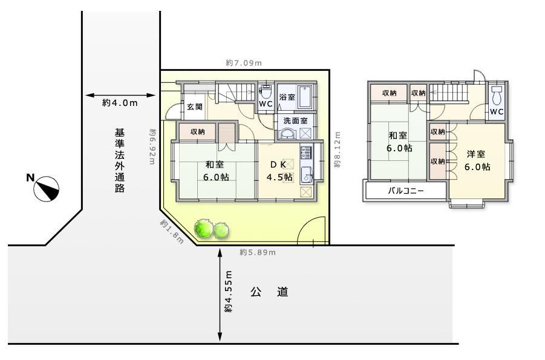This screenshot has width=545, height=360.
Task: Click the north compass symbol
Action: tap(46, 189)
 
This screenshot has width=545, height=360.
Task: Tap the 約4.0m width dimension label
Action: tap(120, 103)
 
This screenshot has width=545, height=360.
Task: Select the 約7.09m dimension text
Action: tap(244, 63)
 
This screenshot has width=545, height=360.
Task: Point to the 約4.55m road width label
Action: tap(228, 292)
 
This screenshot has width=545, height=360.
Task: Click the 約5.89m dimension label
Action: tap(258, 252)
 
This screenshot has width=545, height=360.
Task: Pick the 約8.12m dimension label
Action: tap(337, 149)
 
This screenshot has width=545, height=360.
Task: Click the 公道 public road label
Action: tap(269, 292)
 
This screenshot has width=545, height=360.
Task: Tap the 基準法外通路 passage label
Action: tap(120, 160)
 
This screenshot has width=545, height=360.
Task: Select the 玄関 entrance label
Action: tap(195, 106)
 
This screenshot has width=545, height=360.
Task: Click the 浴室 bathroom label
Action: tap(287, 97)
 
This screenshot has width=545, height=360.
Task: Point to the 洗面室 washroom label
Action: tap(295, 120)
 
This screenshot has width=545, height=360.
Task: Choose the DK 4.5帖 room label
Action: tap(279, 171)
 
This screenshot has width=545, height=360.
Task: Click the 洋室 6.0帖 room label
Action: tap(477, 160)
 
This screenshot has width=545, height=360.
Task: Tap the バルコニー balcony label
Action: tap(406, 191)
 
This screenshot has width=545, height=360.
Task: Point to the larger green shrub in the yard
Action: tap(203, 228)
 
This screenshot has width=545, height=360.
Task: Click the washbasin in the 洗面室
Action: tap(287, 134)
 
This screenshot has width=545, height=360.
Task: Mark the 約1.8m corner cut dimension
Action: tap(172, 232)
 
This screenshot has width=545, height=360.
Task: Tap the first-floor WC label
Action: tap(266, 103)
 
